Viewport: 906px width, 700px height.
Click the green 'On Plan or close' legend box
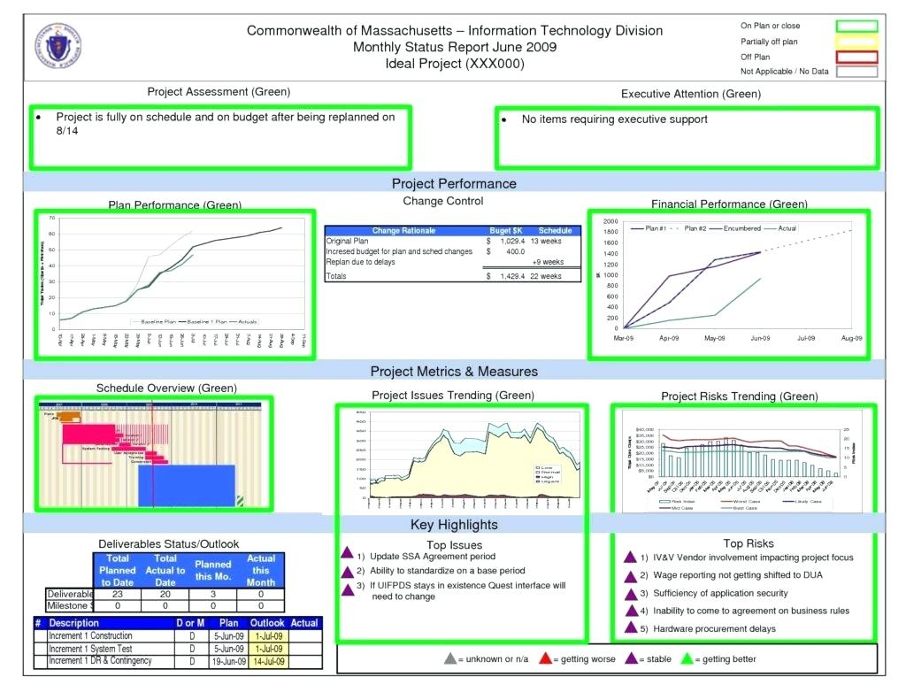pyautogui.click(x=855, y=26)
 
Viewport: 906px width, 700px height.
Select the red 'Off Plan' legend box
pyautogui.click(x=855, y=57)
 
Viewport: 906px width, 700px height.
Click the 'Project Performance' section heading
pyautogui.click(x=454, y=183)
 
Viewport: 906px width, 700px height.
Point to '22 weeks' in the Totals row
pyautogui.click(x=546, y=276)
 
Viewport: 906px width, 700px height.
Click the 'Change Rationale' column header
pyautogui.click(x=403, y=230)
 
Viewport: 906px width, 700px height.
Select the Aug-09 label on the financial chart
pyautogui.click(x=852, y=338)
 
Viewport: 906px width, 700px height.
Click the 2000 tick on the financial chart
pyautogui.click(x=610, y=221)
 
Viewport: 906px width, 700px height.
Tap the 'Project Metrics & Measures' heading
pyautogui.click(x=454, y=371)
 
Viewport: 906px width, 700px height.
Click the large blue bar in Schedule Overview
pyautogui.click(x=186, y=485)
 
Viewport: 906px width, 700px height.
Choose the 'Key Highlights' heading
pyautogui.click(x=454, y=525)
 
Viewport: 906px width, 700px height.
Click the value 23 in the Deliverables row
pyautogui.click(x=117, y=594)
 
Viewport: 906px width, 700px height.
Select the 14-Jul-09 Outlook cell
pyautogui.click(x=267, y=661)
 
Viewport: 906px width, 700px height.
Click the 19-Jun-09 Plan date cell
pyautogui.click(x=228, y=661)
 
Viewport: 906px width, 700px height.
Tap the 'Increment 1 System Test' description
pyautogui.click(x=90, y=649)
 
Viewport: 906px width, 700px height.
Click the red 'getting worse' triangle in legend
pyautogui.click(x=546, y=658)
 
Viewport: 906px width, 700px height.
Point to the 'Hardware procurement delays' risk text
pyautogui.click(x=715, y=628)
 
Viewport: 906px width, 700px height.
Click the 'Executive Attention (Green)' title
pyautogui.click(x=690, y=94)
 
